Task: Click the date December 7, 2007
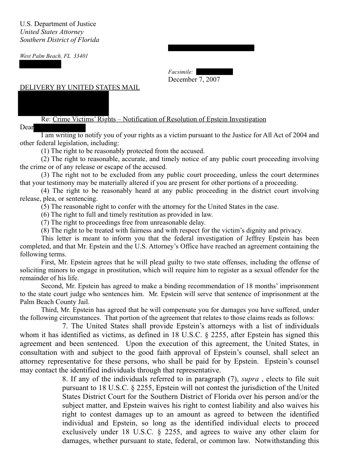click(194, 79)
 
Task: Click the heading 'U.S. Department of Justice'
click(58, 24)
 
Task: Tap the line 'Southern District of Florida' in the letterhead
click(60, 40)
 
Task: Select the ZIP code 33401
click(81, 56)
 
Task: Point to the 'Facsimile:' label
click(180, 72)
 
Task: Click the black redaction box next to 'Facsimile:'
click(214, 72)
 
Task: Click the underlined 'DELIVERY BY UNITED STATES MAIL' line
click(80, 87)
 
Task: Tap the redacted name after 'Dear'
click(60, 128)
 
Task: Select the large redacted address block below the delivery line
click(64, 103)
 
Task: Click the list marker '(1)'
click(45, 151)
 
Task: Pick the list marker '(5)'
click(45, 207)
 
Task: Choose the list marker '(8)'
click(45, 230)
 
